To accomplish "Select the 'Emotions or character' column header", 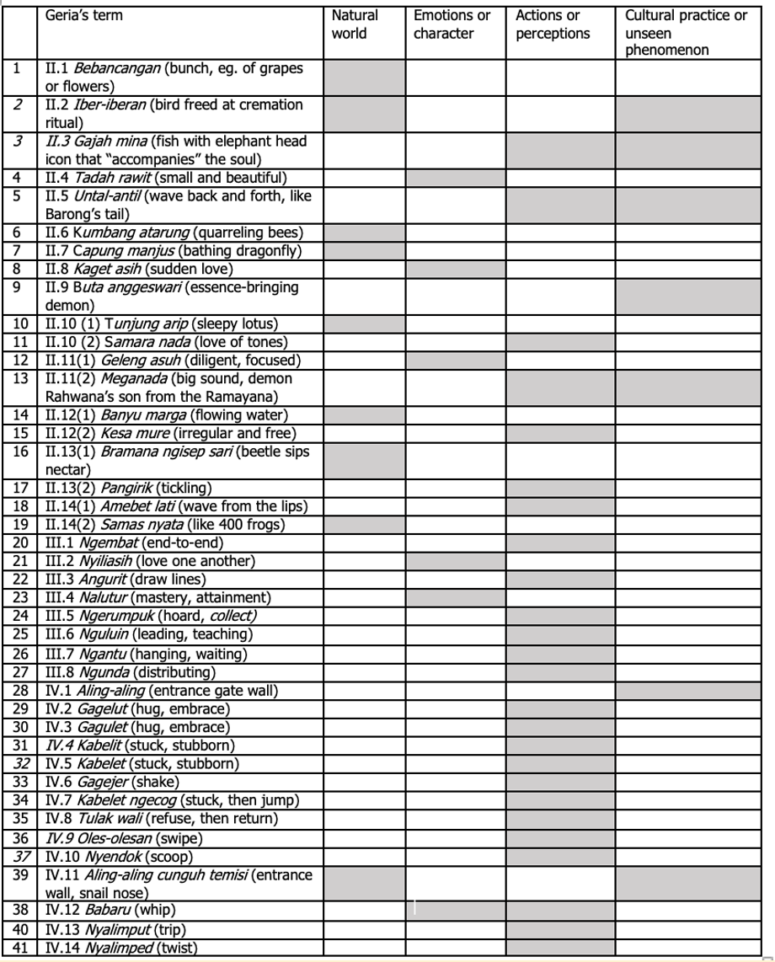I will point(452,25).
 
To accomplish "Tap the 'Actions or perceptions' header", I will point(552,25).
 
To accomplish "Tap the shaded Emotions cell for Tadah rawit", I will point(455,178).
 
